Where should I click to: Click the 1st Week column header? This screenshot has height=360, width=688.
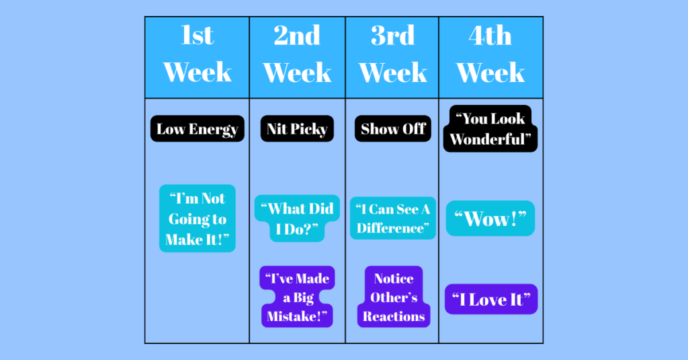coord(197,58)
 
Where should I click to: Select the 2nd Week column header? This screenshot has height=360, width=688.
coord(298,58)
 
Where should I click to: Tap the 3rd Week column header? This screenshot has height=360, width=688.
coord(392,58)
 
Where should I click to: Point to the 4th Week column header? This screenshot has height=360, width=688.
coord(490,58)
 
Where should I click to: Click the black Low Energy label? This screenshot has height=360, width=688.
coord(198,128)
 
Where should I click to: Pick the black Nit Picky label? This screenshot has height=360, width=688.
coord(297,128)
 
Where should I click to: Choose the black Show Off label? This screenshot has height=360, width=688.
coord(392,128)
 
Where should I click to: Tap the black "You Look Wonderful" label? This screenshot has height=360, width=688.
coord(490,129)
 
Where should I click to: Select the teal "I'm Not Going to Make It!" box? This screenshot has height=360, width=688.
coord(198,218)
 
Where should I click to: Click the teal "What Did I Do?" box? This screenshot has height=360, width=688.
coord(297,218)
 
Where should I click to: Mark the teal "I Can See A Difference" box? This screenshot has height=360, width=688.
coord(392,218)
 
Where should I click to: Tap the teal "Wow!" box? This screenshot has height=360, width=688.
coord(490,218)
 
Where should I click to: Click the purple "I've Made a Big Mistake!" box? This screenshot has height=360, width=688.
coord(297,297)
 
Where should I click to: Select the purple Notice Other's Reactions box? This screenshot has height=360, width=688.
coord(394,297)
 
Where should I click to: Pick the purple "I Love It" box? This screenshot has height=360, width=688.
coord(491,299)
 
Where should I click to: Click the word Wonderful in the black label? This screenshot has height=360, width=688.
coord(487,140)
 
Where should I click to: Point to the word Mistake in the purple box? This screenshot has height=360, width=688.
coord(294,316)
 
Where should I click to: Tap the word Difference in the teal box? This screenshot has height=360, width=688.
coord(390,228)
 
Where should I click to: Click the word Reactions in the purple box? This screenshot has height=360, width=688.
coord(394,316)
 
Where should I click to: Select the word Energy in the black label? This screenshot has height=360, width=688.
coord(213,130)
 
